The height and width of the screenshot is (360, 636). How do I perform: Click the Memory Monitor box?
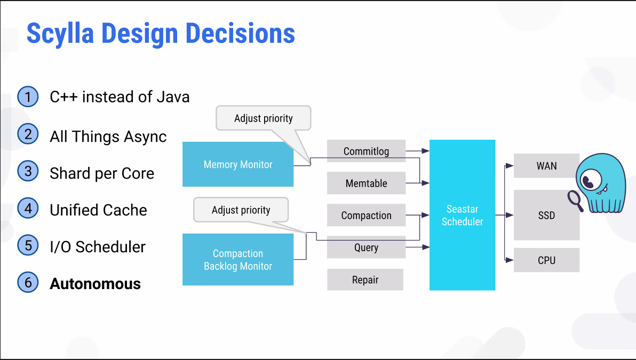point(237,164)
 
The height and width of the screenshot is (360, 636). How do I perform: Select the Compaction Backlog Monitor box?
point(237,259)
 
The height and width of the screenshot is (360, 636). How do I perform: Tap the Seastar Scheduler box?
point(463,215)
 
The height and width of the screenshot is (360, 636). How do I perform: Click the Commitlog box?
point(366,151)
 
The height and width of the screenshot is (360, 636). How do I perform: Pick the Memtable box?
point(366,183)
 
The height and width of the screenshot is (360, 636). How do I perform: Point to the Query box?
point(366,247)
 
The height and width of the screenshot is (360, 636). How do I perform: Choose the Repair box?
point(365,279)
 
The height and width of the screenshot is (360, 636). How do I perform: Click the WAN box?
point(546,165)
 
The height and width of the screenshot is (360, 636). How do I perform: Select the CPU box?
point(546,260)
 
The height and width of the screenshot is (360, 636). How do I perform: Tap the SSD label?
point(546,215)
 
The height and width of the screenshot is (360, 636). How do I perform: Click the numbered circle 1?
point(28,97)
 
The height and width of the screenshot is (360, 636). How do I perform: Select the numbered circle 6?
point(28,282)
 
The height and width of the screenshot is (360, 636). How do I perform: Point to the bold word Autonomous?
point(96,284)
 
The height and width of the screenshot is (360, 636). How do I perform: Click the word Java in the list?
point(173,97)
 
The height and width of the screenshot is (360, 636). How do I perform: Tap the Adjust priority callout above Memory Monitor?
point(264,118)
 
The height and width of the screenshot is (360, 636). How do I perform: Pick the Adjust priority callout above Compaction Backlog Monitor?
point(241,210)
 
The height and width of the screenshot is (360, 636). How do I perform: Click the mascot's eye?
point(589,180)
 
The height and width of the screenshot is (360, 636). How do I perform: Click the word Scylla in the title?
point(60,34)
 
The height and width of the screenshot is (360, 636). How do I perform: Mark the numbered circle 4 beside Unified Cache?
point(28,209)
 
